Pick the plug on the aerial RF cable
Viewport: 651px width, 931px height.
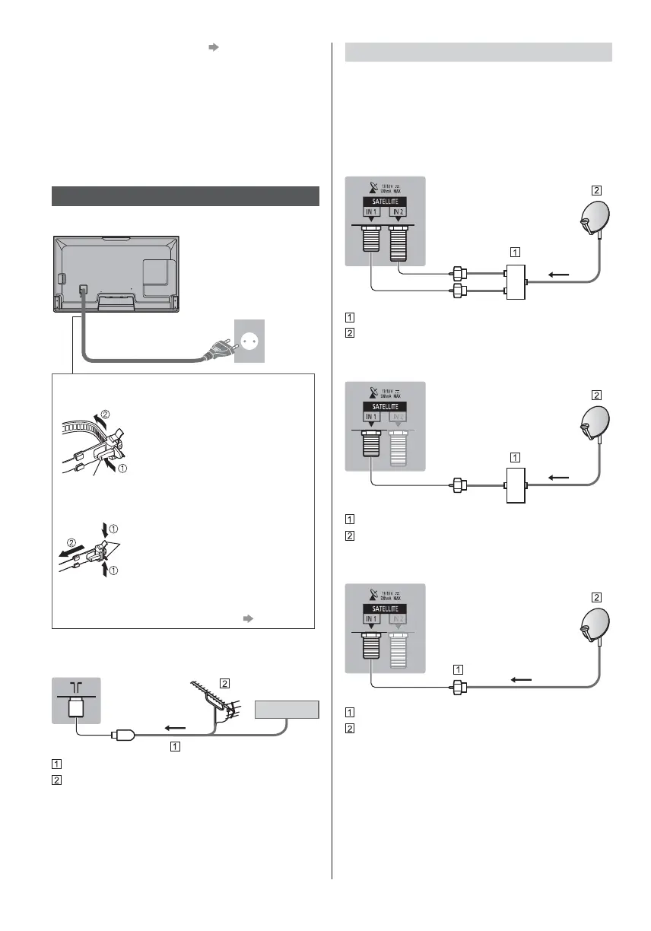click(122, 736)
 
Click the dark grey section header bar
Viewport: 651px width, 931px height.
click(186, 195)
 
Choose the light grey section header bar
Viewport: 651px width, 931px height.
click(479, 52)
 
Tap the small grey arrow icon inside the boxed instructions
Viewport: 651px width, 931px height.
click(246, 618)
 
